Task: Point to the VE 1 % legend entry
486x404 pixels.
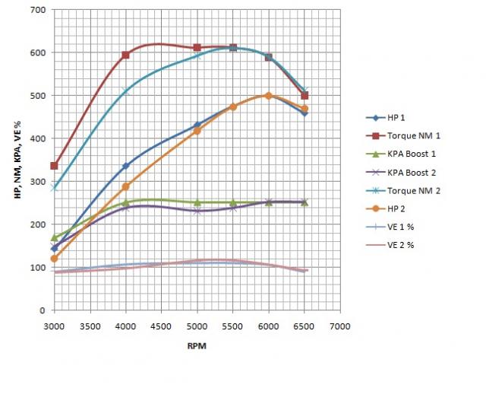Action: [x=393, y=225]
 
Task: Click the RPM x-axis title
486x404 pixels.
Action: [x=197, y=345]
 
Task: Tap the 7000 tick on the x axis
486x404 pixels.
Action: [x=339, y=325]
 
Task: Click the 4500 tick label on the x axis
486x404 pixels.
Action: [x=161, y=325]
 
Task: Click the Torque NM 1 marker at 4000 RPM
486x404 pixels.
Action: [x=125, y=55]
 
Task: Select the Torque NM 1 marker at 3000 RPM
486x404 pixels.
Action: [x=54, y=166]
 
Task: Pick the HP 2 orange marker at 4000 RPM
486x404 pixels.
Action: [x=126, y=186]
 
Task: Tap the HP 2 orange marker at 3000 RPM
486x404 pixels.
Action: [x=54, y=259]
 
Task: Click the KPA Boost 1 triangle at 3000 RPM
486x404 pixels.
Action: [x=54, y=237]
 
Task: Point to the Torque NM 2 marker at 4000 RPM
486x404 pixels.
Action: [x=125, y=92]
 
